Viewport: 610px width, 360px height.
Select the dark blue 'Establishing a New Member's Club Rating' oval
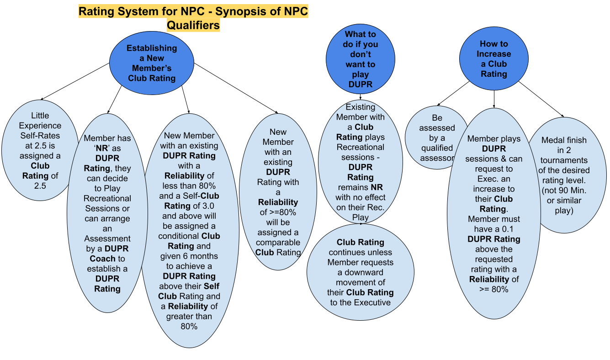coord(152,63)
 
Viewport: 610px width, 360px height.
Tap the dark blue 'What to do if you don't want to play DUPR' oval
coord(361,59)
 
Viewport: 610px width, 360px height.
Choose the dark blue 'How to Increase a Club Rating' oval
coord(493,59)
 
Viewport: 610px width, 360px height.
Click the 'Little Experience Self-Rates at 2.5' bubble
coord(40,150)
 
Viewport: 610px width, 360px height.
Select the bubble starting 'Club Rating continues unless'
coord(360,272)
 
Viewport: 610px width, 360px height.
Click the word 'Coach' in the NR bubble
coord(102,259)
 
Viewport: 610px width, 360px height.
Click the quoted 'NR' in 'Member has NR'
coord(101,148)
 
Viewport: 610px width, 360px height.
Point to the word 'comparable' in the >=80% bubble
coord(278,242)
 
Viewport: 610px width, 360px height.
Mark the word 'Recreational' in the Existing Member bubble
coord(360,147)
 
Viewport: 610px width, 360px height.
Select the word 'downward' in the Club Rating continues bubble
coord(361,272)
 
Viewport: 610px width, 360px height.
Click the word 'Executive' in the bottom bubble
coord(372,302)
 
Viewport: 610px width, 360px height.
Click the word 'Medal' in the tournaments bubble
coord(552,140)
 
